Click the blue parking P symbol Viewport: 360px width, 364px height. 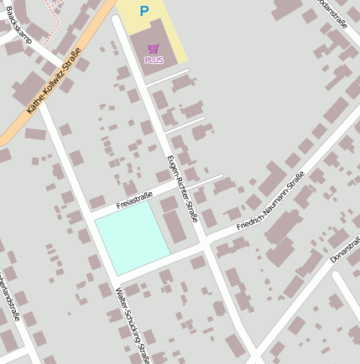[143, 12]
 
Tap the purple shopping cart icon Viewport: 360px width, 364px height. [153, 49]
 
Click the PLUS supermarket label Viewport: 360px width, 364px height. [154, 60]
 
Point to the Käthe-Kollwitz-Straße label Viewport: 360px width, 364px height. [54, 81]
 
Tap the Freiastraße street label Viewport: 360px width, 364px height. [134, 200]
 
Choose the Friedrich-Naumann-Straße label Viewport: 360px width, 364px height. [270, 201]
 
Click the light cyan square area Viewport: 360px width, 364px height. [131, 237]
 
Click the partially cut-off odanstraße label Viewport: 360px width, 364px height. [333, 13]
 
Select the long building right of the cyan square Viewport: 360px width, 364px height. [174, 230]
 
